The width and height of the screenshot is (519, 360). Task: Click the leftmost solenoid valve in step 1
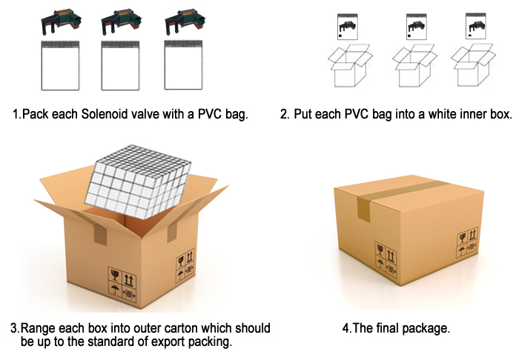61,21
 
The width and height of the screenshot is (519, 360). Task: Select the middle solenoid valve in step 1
121,21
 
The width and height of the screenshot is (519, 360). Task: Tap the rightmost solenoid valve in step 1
185,21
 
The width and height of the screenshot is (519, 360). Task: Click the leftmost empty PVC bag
60,65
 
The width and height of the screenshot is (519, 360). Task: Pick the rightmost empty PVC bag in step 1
183,64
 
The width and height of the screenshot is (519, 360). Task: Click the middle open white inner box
414,66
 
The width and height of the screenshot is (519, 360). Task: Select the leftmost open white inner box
350,66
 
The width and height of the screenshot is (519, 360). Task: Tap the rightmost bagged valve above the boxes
476,26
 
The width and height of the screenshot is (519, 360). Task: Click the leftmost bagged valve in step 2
347,27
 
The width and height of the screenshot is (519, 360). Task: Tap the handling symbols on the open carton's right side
185,265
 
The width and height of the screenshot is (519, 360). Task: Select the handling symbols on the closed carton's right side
468,242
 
